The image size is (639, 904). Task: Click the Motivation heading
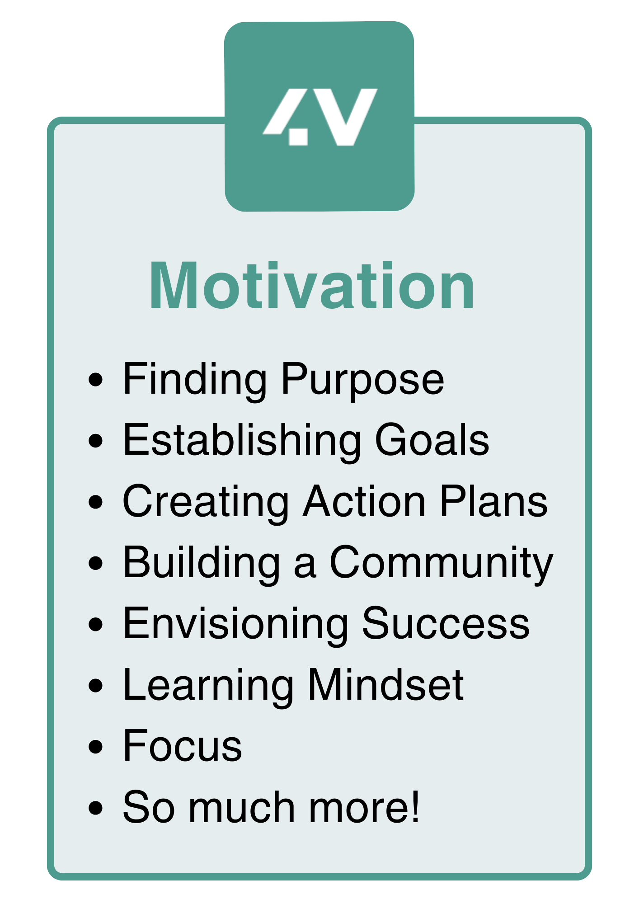312,286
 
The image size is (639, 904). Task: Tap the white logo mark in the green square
320,117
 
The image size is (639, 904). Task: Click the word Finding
195,380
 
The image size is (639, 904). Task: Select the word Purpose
362,380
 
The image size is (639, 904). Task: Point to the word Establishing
242,441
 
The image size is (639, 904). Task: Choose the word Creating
206,502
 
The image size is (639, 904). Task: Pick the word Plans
493,501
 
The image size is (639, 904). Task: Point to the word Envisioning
235,625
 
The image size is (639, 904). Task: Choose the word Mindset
385,686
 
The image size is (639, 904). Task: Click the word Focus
183,747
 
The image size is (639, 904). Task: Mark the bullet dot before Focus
96,747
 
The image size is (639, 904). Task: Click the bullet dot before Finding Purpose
96,380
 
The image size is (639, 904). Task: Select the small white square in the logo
298,137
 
